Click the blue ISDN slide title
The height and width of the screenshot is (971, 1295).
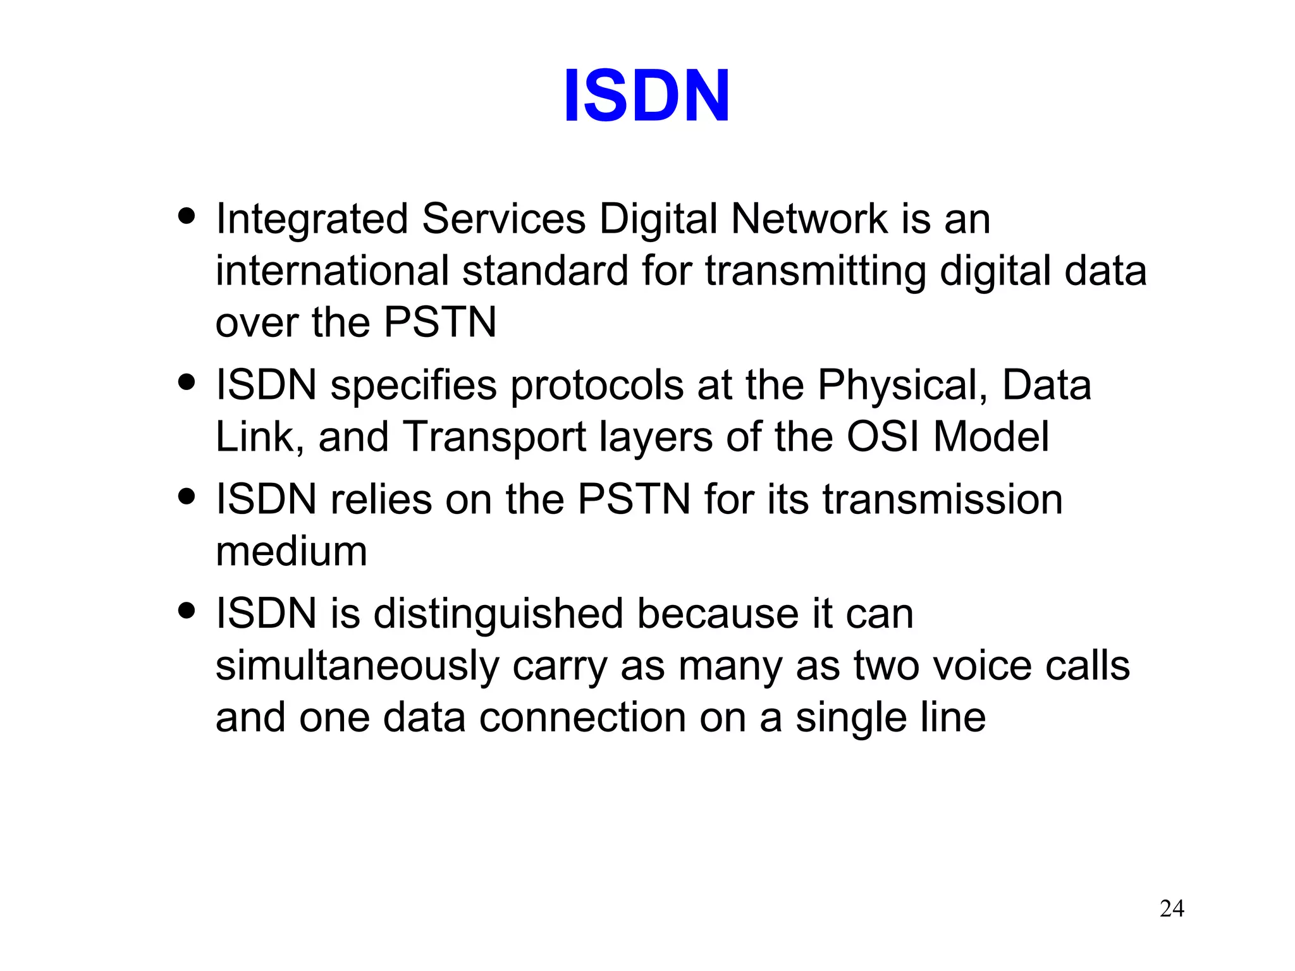click(x=646, y=96)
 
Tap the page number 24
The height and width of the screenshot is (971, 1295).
click(x=1172, y=908)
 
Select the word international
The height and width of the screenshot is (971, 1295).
click(x=332, y=271)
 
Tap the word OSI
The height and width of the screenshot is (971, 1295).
click(x=883, y=437)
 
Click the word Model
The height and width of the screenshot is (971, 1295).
click(x=991, y=437)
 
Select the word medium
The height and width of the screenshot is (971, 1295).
click(x=292, y=552)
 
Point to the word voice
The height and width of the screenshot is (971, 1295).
click(x=985, y=666)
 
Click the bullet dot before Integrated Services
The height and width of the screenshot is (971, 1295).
click(x=187, y=217)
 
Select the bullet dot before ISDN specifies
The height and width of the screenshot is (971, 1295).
click(x=187, y=382)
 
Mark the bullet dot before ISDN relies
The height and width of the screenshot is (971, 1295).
click(x=187, y=496)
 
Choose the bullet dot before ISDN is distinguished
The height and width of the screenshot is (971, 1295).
click(x=187, y=611)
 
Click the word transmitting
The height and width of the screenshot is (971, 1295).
click(x=815, y=272)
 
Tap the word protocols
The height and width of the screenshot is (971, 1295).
click(x=596, y=386)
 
